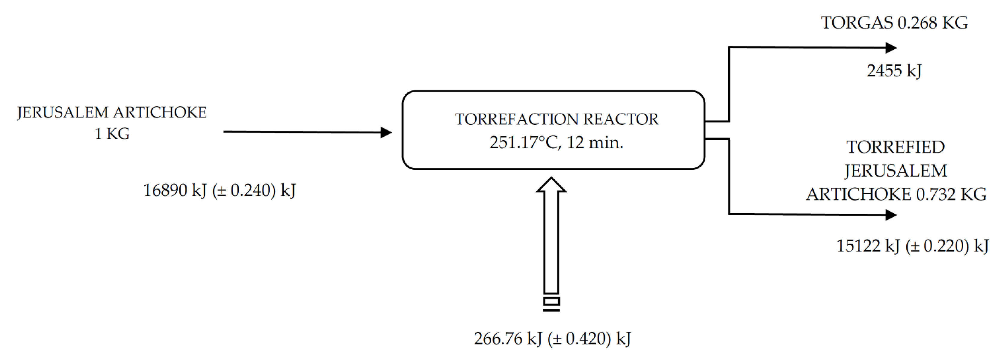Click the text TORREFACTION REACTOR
(556, 119)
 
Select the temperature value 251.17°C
(523, 143)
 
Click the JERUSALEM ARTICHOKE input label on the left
(112, 112)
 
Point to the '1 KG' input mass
(112, 134)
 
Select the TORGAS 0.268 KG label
(894, 23)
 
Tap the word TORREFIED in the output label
(895, 147)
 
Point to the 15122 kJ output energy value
(868, 246)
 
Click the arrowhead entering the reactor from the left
(385, 132)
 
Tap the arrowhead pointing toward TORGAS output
(891, 48)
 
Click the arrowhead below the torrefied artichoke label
(891, 215)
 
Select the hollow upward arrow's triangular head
(551, 185)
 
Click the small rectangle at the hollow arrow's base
(551, 301)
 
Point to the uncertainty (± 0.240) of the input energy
(244, 191)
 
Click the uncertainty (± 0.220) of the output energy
(937, 246)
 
